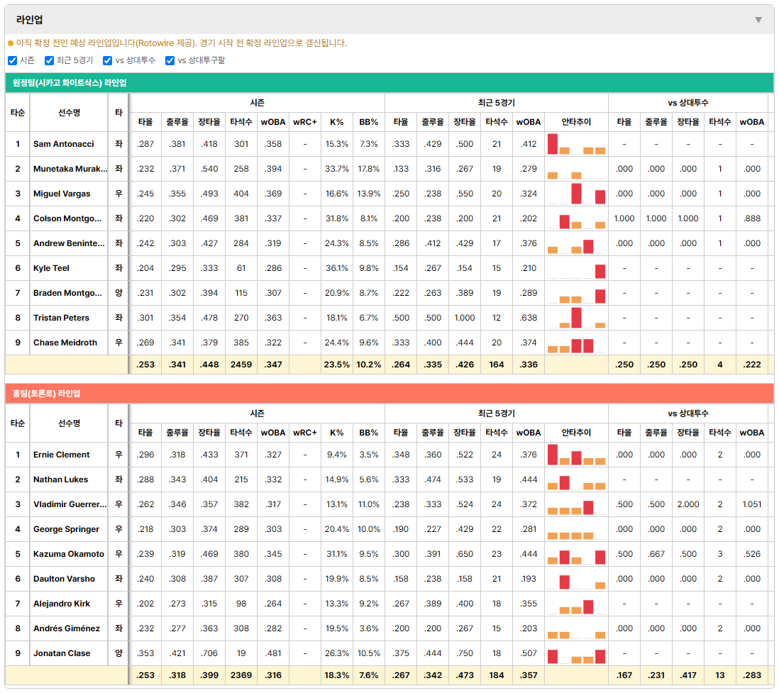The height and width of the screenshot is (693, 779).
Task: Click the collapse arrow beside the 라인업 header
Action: (758, 20)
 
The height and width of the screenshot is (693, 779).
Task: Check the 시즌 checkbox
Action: (13, 60)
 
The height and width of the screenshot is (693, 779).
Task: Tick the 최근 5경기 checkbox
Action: (49, 60)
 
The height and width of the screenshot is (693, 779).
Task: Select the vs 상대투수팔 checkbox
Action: (170, 60)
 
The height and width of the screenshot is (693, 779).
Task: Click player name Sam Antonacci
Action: (64, 144)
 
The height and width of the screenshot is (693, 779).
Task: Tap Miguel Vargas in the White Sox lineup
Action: (62, 194)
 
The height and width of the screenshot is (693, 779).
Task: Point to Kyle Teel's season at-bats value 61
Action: (241, 268)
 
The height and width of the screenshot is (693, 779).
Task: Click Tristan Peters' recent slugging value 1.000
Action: (465, 318)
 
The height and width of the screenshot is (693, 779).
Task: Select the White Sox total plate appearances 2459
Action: (241, 365)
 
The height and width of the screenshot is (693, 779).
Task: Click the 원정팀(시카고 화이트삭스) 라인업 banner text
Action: (70, 83)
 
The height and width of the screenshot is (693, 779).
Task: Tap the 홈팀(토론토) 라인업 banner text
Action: (46, 394)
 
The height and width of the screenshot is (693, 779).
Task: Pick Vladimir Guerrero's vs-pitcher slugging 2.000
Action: (688, 504)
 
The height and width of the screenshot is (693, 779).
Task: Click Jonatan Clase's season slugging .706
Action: (209, 653)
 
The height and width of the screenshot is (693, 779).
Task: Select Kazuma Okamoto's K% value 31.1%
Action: (337, 554)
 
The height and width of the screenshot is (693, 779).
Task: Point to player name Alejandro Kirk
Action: (62, 604)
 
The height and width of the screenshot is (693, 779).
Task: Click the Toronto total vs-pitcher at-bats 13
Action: (720, 675)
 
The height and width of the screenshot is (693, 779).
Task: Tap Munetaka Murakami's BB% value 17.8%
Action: (369, 169)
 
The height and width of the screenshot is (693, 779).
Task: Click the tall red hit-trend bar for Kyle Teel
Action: (600, 271)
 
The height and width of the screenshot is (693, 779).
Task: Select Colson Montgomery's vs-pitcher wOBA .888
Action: (752, 218)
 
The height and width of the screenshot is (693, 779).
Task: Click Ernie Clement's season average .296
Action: (145, 455)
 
